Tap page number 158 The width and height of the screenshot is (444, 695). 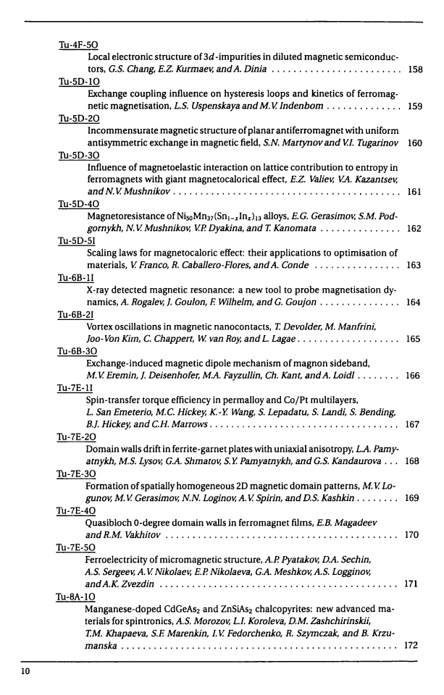(415, 70)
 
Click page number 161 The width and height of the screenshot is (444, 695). (415, 192)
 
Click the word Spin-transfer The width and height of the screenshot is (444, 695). (116, 400)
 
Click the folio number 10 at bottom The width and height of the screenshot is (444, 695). (25, 673)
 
